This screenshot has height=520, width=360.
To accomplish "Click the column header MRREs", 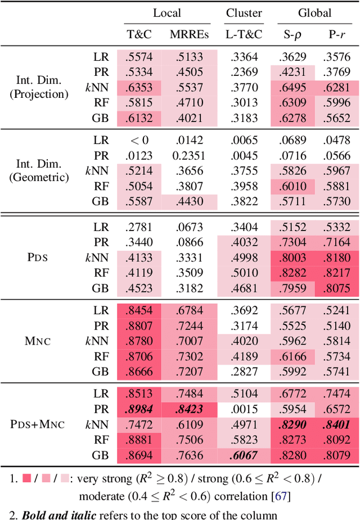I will click(x=189, y=34).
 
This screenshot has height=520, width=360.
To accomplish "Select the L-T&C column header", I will click(x=244, y=34).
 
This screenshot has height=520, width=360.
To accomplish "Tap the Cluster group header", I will click(x=244, y=13).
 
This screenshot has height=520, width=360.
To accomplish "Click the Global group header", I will click(x=314, y=13).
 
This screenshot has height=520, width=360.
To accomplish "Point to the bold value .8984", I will click(x=139, y=409).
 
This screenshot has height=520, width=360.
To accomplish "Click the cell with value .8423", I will click(x=189, y=409).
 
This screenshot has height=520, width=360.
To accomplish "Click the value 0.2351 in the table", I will click(x=189, y=155).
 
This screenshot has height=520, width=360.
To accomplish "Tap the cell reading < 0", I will click(x=139, y=141).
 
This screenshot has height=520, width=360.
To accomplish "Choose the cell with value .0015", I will click(x=244, y=409).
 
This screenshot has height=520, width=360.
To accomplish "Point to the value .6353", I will click(x=139, y=88).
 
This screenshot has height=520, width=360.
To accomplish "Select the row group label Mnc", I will click(x=39, y=341).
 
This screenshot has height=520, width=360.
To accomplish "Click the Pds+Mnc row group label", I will click(x=38, y=424).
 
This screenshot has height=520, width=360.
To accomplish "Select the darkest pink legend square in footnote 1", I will click(x=27, y=479).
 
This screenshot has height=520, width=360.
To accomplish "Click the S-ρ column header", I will click(x=291, y=34).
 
